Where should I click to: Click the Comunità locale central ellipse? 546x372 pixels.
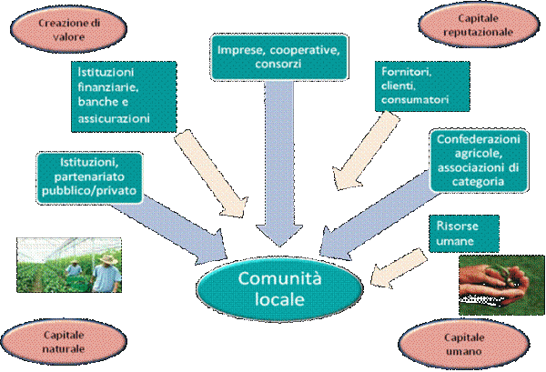[279, 289]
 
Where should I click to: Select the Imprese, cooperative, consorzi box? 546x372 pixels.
[279, 57]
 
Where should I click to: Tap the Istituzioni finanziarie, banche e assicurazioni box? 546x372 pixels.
[124, 96]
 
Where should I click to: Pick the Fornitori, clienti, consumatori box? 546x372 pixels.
[422, 86]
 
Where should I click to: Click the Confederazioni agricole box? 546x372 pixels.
[479, 160]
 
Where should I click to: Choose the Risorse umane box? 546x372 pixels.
[464, 234]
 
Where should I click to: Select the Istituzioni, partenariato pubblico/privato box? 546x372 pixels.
[89, 177]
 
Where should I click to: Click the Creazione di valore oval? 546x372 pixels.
[68, 30]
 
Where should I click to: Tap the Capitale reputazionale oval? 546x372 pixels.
[478, 25]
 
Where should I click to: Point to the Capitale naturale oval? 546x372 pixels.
[64, 342]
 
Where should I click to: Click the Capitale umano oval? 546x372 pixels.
[464, 344]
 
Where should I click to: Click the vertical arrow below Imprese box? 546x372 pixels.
[279, 164]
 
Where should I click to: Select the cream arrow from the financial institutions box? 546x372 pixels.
[211, 174]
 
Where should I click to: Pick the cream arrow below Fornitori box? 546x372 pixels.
[366, 150]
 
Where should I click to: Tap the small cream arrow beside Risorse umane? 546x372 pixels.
[399, 268]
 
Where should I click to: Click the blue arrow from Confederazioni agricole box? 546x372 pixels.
[379, 216]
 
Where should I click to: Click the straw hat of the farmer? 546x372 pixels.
[108, 259]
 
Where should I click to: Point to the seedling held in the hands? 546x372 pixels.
[501, 271]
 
